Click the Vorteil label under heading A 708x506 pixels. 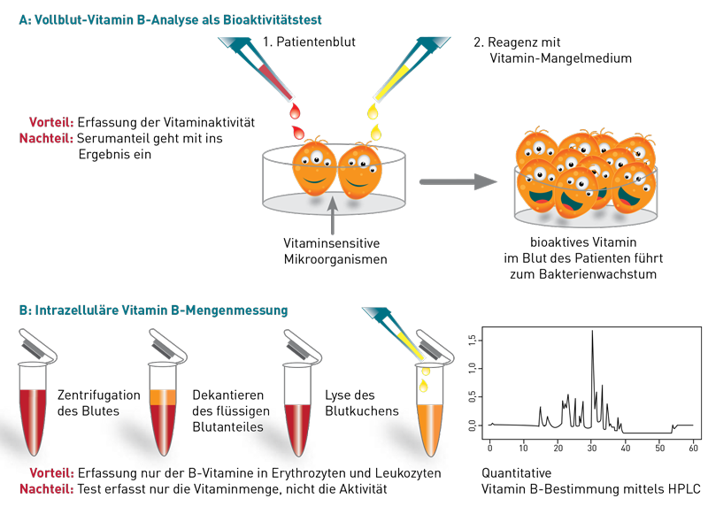(x=51, y=123)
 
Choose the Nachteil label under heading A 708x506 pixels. (x=47, y=138)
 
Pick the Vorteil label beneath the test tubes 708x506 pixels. (x=51, y=473)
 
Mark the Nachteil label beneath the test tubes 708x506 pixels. (x=47, y=488)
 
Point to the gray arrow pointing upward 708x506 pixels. (x=333, y=217)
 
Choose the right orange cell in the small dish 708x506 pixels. (x=360, y=172)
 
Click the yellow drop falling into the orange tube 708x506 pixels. (x=424, y=386)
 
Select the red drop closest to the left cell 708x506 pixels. (x=299, y=132)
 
